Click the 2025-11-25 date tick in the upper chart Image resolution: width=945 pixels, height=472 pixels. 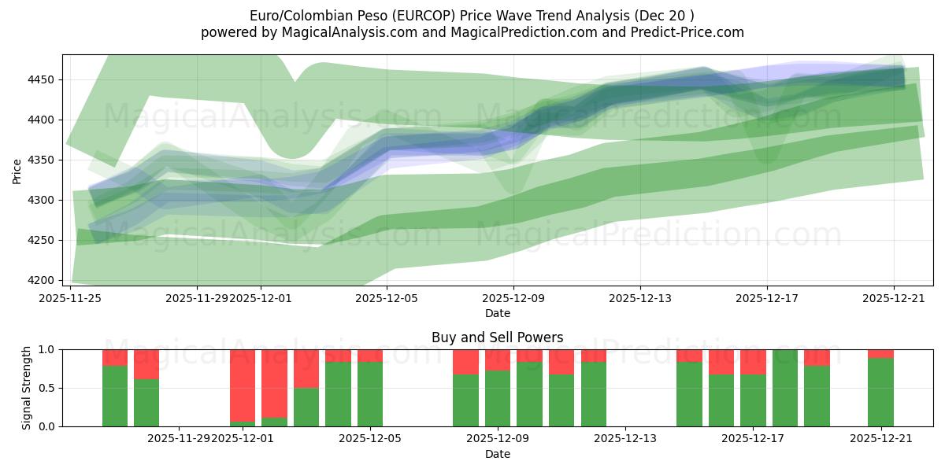pos(71,298)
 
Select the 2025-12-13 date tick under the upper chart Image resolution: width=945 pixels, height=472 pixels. pos(640,298)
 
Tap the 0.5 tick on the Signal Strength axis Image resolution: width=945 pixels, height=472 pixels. pos(46,388)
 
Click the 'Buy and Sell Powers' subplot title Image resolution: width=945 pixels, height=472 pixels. pos(497,337)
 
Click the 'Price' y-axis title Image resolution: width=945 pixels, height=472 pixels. pos(17,170)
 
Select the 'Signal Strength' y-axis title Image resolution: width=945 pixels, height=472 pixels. pos(27,388)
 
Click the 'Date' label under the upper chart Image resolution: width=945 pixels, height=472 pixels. pos(497,313)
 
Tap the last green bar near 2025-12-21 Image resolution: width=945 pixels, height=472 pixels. pos(880,392)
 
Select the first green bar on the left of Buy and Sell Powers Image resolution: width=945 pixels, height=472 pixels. pos(115,396)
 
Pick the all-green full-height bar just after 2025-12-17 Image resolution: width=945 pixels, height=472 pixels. pos(785,388)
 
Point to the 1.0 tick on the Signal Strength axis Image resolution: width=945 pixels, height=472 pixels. pos(46,349)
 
